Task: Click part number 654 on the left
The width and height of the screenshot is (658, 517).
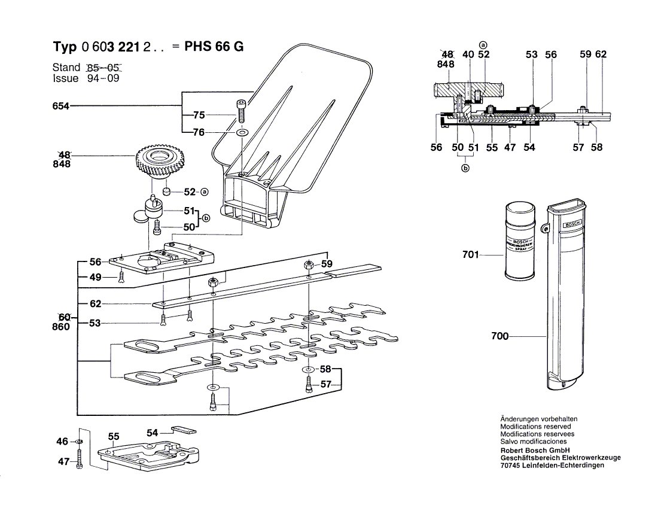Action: [x=61, y=107]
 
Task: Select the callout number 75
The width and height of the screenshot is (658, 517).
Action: [x=199, y=115]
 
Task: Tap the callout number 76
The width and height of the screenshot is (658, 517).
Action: [x=199, y=133]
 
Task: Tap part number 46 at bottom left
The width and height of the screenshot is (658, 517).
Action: [x=62, y=442]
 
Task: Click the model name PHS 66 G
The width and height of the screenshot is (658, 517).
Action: [x=214, y=47]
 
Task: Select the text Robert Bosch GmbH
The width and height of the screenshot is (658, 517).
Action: [x=534, y=450]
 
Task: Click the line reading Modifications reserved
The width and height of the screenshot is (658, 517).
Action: [x=535, y=427]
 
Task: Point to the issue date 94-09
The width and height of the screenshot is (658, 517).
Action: [x=101, y=78]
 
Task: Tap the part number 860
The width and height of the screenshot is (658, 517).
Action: [x=61, y=327]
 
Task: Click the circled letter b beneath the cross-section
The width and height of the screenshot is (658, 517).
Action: [x=465, y=168]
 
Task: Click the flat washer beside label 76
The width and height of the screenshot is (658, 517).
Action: [x=242, y=132]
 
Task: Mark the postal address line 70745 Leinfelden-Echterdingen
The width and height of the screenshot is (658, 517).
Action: [x=552, y=466]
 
